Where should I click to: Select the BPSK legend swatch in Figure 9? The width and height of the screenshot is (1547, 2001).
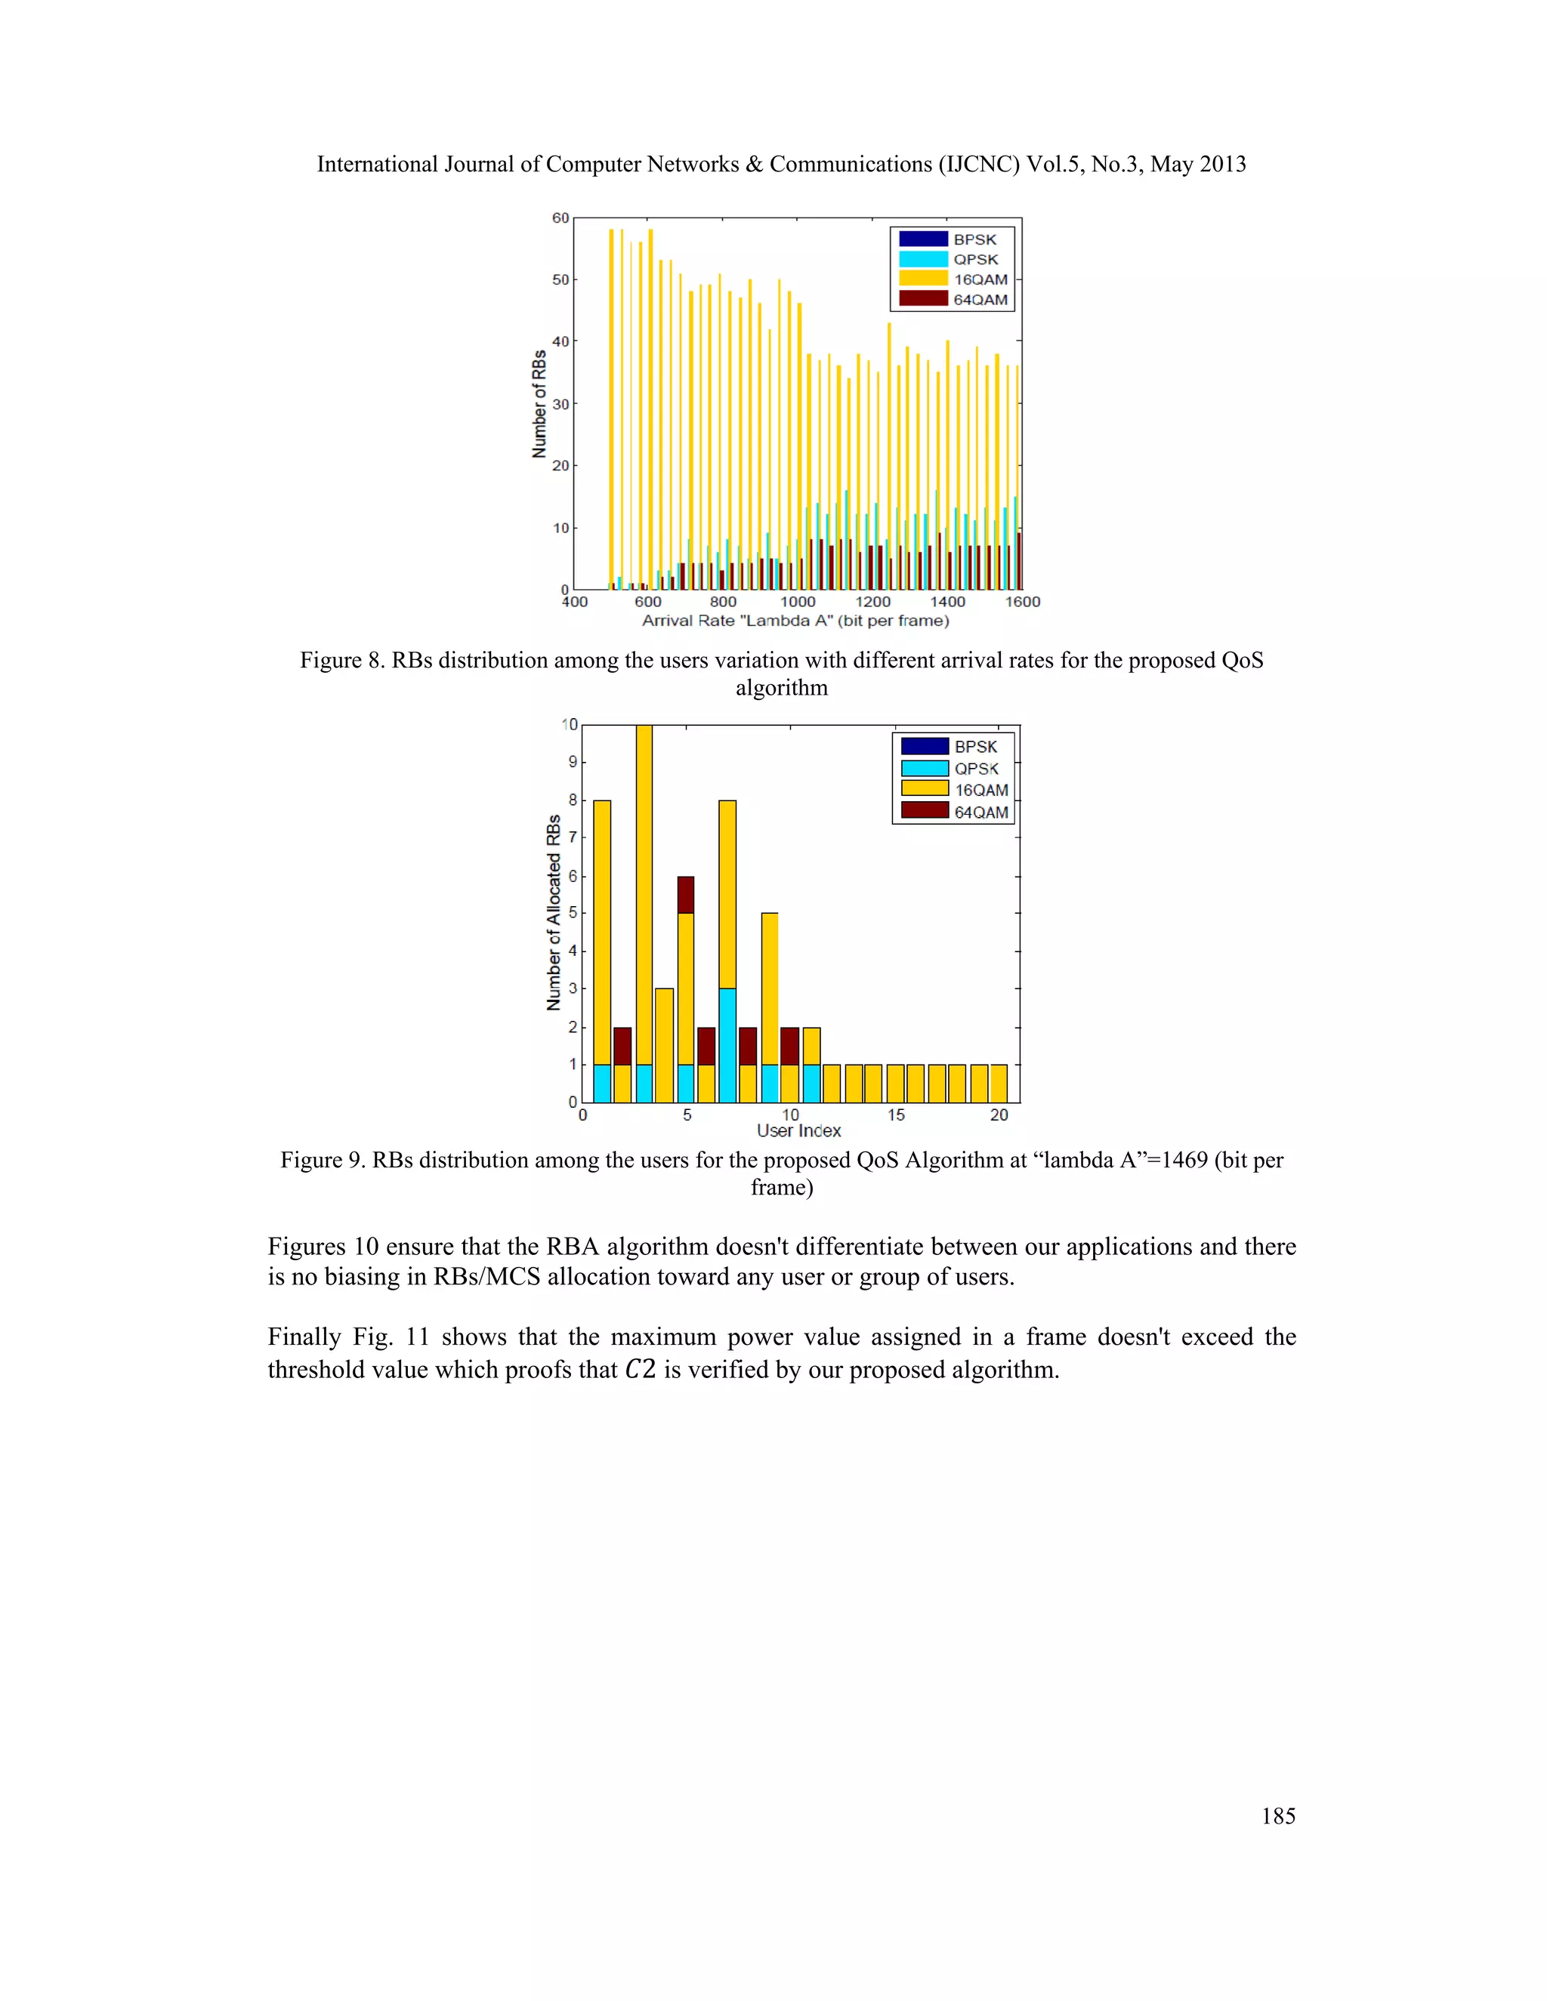click(x=924, y=746)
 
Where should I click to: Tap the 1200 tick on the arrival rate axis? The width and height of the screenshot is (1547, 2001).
click(x=872, y=602)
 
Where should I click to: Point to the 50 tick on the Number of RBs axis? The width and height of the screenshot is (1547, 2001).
click(x=560, y=279)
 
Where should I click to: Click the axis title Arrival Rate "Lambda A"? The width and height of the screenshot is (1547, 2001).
click(x=795, y=621)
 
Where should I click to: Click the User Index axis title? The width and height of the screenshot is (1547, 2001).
click(x=798, y=1130)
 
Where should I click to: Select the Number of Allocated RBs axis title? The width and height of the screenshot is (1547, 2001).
click(x=554, y=913)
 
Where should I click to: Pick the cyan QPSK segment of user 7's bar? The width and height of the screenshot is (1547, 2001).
click(x=727, y=1044)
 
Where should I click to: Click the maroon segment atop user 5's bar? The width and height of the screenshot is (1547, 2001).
click(x=686, y=894)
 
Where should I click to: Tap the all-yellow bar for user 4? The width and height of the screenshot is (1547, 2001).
click(x=665, y=1044)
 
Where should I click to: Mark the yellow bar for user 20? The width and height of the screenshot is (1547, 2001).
click(x=999, y=1083)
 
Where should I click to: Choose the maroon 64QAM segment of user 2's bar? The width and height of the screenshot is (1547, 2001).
click(x=622, y=1045)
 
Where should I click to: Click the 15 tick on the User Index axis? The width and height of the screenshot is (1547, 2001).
click(x=895, y=1115)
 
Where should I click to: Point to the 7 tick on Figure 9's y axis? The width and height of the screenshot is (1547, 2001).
click(x=573, y=837)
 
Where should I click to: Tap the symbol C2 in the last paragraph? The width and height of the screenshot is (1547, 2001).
click(x=640, y=1370)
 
